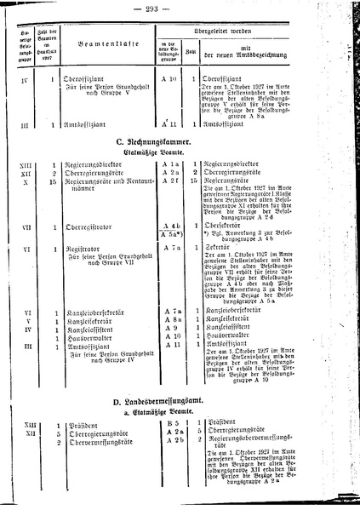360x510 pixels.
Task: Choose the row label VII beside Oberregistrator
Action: (27, 228)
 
